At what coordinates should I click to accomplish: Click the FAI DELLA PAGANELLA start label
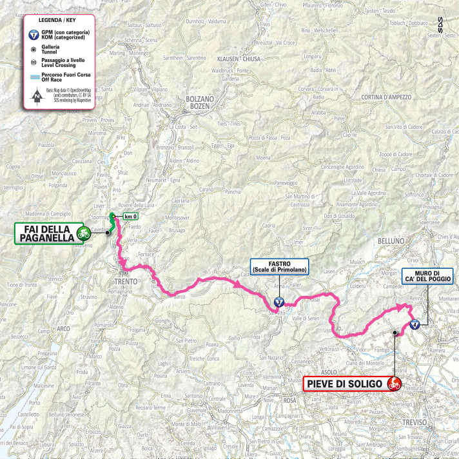pyautogui.click(x=46, y=233)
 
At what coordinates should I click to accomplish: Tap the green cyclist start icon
pyautogui.click(x=83, y=233)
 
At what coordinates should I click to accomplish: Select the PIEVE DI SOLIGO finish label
pyautogui.click(x=344, y=385)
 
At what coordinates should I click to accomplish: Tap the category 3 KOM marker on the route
pyautogui.click(x=278, y=302)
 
